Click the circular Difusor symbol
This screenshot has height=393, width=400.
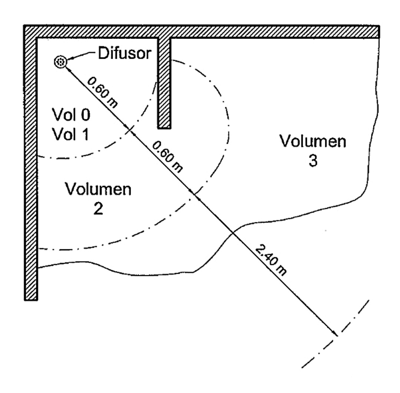(60, 62)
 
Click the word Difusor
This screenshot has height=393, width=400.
(124, 54)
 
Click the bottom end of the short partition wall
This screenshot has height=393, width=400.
(164, 127)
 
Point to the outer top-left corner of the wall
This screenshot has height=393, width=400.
(24, 26)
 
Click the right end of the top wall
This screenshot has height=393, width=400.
(378, 32)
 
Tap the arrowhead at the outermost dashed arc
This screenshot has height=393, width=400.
(335, 334)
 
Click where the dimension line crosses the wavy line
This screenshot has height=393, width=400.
(233, 232)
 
